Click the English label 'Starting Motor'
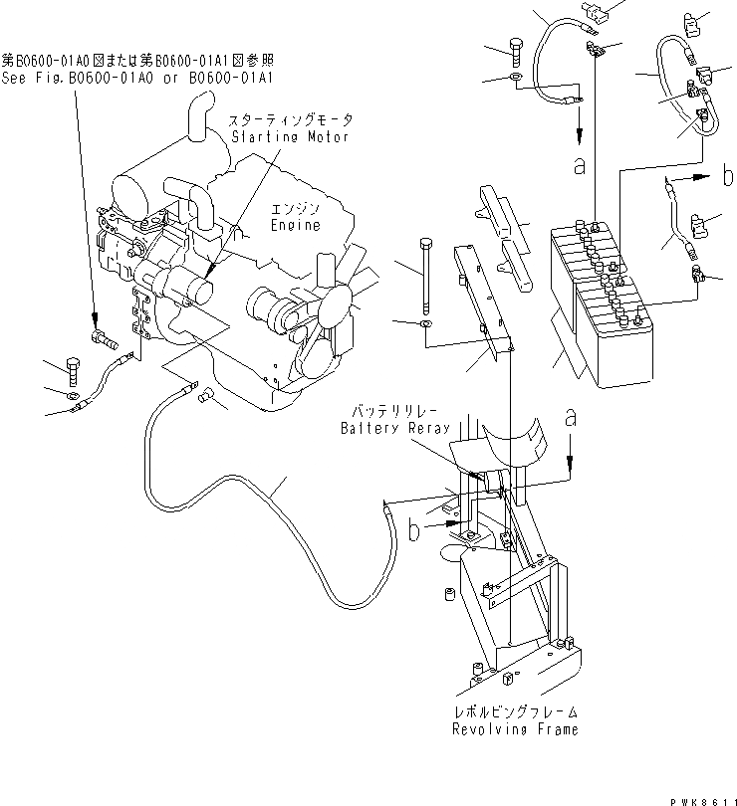[290, 136]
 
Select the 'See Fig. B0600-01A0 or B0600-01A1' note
[138, 76]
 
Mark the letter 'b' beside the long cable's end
[413, 531]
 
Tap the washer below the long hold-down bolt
[425, 324]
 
